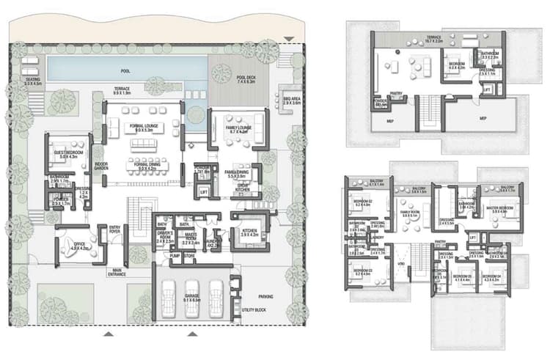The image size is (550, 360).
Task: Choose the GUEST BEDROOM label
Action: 67,154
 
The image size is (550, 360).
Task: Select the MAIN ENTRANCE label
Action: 117,272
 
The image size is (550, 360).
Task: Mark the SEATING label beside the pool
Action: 32,81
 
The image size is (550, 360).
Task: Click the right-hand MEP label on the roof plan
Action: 482,117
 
